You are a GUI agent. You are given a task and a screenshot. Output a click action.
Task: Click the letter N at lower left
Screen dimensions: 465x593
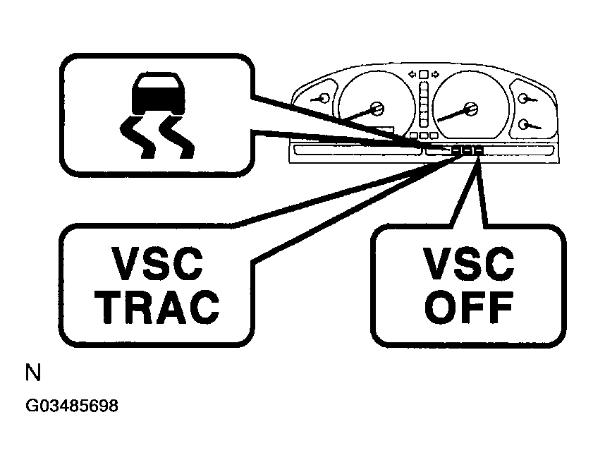32,373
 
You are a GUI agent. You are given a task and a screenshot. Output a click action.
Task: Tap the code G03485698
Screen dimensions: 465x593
71,407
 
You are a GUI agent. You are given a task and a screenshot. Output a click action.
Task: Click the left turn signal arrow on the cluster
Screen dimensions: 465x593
412,73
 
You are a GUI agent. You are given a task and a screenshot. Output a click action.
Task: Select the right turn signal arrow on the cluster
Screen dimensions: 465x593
435,73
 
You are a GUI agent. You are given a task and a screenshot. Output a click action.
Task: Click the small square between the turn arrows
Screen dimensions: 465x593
423,74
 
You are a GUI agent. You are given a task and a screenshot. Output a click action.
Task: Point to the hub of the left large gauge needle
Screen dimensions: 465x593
377,109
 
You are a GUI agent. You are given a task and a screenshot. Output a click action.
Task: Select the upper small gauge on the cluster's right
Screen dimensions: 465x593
522,99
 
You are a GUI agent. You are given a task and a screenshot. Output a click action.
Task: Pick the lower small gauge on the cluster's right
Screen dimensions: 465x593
523,124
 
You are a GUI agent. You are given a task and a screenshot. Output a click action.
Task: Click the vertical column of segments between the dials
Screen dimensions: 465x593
423,105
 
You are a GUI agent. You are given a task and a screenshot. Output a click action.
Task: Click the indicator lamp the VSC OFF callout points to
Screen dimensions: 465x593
479,150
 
